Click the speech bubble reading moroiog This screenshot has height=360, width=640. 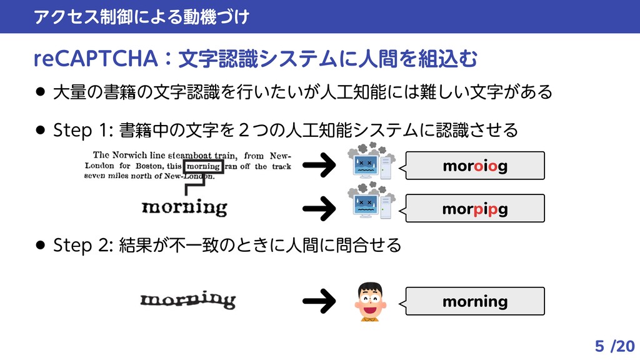point(475,166)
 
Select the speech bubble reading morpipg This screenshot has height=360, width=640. point(475,208)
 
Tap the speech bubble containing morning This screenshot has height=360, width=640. point(475,302)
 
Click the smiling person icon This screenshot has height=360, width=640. point(370,302)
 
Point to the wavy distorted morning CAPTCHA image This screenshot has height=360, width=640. point(187,301)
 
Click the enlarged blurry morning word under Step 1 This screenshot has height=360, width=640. point(184,207)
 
